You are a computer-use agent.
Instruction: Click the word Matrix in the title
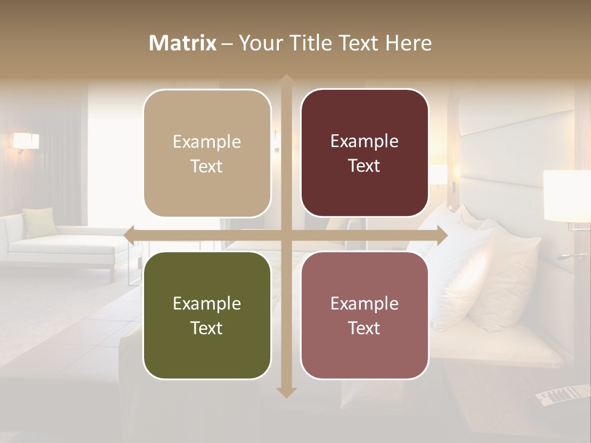tap(182, 43)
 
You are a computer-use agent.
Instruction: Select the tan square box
tap(207, 153)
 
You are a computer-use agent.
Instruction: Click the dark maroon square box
tap(364, 153)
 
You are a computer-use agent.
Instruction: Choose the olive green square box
tap(207, 315)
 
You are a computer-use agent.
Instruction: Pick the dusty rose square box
tap(364, 315)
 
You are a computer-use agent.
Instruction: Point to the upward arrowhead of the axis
tap(286, 79)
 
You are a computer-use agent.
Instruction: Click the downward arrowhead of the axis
tap(286, 393)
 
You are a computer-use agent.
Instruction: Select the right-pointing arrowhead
tap(442, 235)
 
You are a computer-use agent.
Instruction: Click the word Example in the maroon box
tap(364, 141)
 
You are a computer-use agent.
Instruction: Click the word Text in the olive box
tap(207, 328)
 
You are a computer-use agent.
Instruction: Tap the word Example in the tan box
tap(207, 142)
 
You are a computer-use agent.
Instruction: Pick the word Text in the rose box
tap(364, 328)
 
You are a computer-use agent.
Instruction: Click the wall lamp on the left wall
tap(26, 142)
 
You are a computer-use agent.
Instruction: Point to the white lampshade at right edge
tap(566, 195)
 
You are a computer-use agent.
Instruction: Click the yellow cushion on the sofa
tap(41, 222)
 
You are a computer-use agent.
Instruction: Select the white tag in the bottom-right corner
tap(561, 394)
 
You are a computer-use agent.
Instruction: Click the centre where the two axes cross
tap(286, 235)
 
